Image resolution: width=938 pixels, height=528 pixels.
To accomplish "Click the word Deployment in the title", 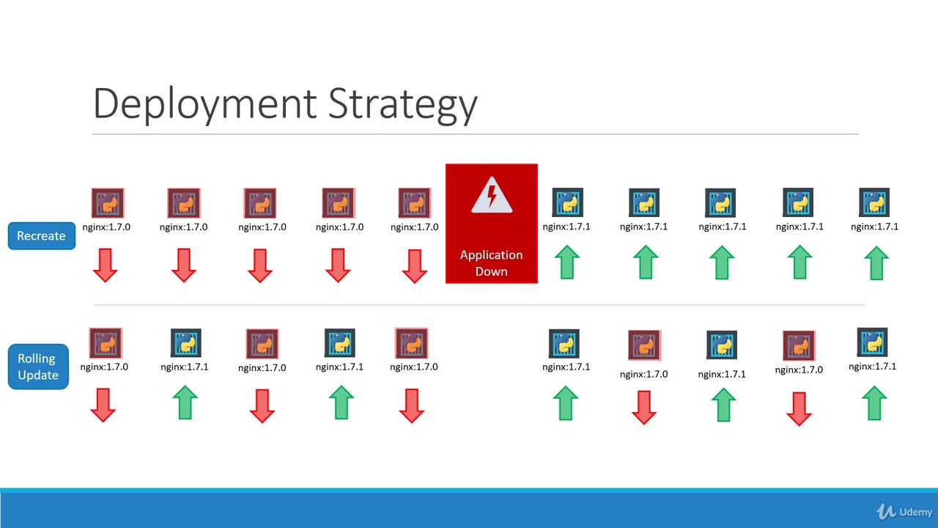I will pos(205,103).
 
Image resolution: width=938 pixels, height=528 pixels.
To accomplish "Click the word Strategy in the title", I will pos(402,103).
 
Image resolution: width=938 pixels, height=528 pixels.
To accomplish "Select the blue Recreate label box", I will pos(42,236).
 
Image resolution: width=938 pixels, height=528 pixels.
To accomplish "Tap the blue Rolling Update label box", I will pos(38,367).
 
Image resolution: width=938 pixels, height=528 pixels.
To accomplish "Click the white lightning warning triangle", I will pos(492,196).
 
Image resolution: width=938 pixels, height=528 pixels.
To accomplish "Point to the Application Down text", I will pos(492,263).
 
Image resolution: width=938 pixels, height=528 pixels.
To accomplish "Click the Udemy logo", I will pos(904,512).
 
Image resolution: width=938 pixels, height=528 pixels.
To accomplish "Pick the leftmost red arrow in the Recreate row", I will pos(106,265).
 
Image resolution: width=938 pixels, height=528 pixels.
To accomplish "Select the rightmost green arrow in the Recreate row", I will pos(876,263).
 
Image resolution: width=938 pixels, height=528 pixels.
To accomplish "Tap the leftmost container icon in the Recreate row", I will pos(108,203).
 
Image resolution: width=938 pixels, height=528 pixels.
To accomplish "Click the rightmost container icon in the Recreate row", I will pos(874,203).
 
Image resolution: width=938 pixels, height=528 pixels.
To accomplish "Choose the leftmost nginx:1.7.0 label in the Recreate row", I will pos(106,227).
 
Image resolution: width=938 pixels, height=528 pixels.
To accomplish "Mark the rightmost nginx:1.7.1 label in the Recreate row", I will pos(874,227).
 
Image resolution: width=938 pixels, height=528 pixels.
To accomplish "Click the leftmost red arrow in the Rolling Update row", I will pos(103,405).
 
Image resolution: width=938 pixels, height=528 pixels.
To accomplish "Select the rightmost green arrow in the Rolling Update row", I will pos(874,403).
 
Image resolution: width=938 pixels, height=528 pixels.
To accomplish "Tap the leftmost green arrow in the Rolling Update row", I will pos(185,403).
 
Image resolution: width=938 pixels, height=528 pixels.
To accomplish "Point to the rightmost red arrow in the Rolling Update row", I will pos(799,408).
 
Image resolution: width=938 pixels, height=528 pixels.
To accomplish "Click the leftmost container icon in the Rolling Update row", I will pos(106,343).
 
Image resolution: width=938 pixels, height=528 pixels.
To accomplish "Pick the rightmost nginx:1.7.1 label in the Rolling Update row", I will pos(872,367).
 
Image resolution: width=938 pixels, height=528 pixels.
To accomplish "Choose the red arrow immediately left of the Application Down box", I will pos(415,265).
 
